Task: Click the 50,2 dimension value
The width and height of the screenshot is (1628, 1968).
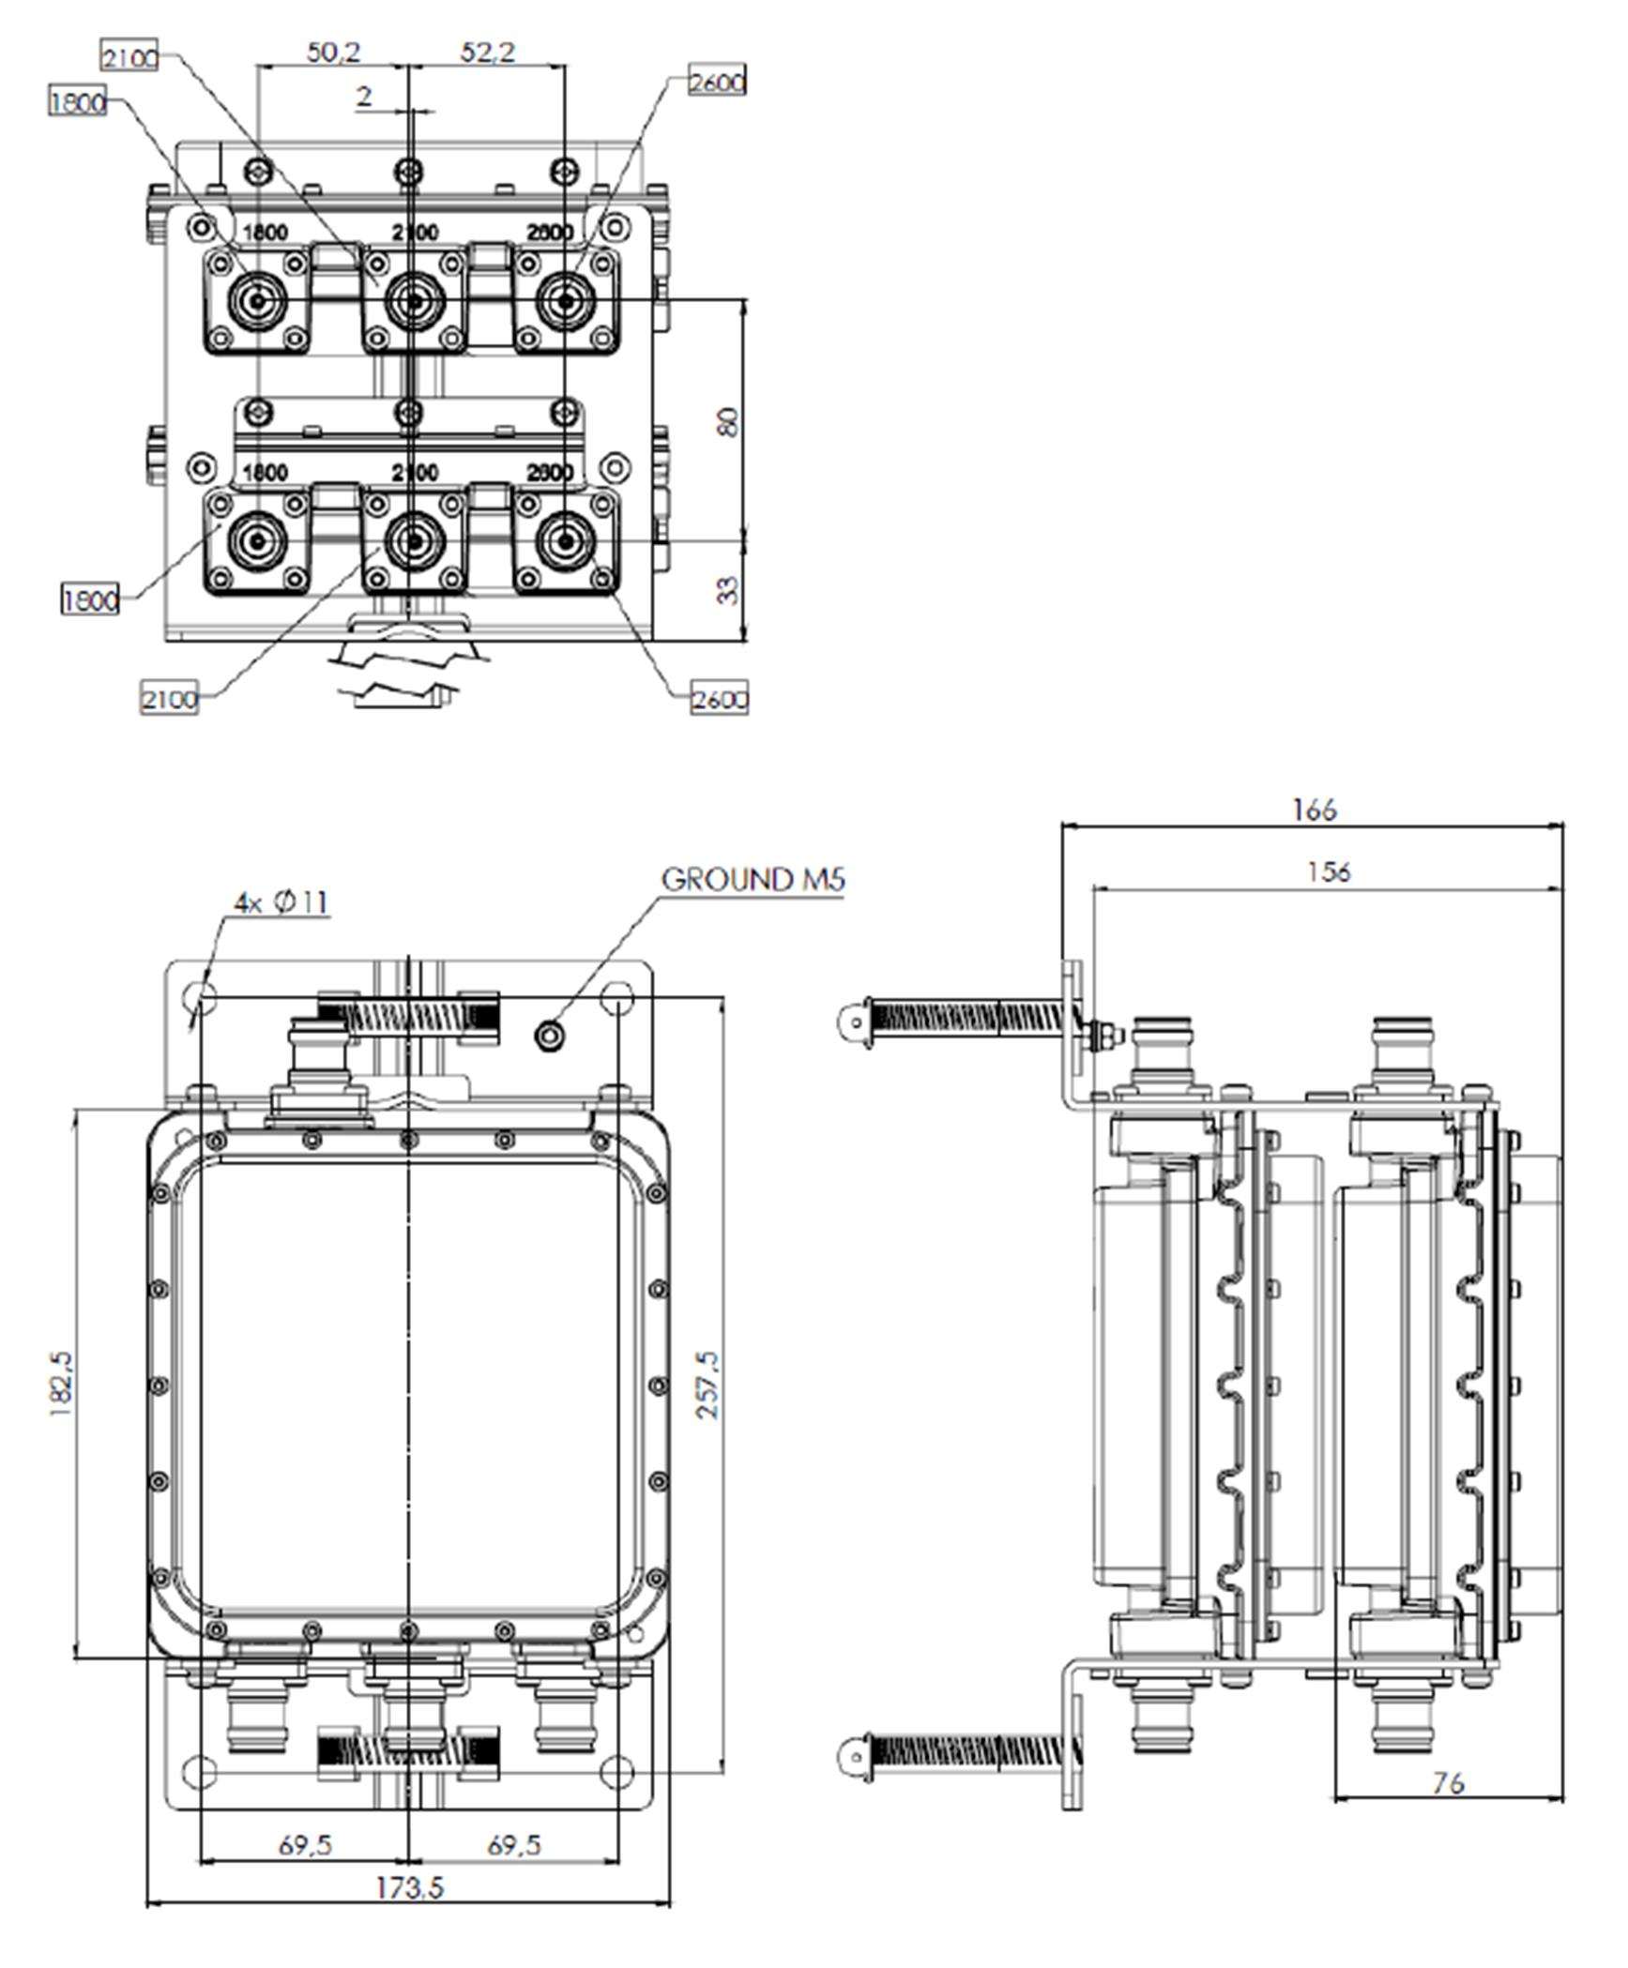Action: pos(333,52)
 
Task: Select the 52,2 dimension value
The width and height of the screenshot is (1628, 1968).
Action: pos(488,52)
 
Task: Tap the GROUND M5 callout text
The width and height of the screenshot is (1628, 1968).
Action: pos(753,880)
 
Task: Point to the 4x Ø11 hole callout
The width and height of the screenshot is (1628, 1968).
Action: pos(281,902)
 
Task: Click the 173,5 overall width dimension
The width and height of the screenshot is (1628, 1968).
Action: pos(409,1886)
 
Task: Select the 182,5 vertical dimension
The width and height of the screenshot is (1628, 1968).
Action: pos(62,1383)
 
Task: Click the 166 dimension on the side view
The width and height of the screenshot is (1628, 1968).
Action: pos(1314,810)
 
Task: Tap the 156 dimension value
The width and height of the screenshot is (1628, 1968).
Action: pos(1329,872)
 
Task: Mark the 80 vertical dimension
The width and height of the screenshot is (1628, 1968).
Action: pos(729,421)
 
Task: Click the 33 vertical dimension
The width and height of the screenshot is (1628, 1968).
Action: pos(729,590)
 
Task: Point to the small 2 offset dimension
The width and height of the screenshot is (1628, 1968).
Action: pos(364,96)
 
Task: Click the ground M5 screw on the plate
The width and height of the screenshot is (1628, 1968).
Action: pos(549,1036)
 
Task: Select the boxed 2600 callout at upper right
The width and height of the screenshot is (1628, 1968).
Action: pos(717,83)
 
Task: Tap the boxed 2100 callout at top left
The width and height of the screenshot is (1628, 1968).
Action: pos(129,58)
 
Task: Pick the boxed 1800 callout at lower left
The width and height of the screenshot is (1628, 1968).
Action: pos(90,599)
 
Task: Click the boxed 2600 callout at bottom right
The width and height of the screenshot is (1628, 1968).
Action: pos(720,700)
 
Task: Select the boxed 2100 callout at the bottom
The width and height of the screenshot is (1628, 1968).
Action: pos(170,699)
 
